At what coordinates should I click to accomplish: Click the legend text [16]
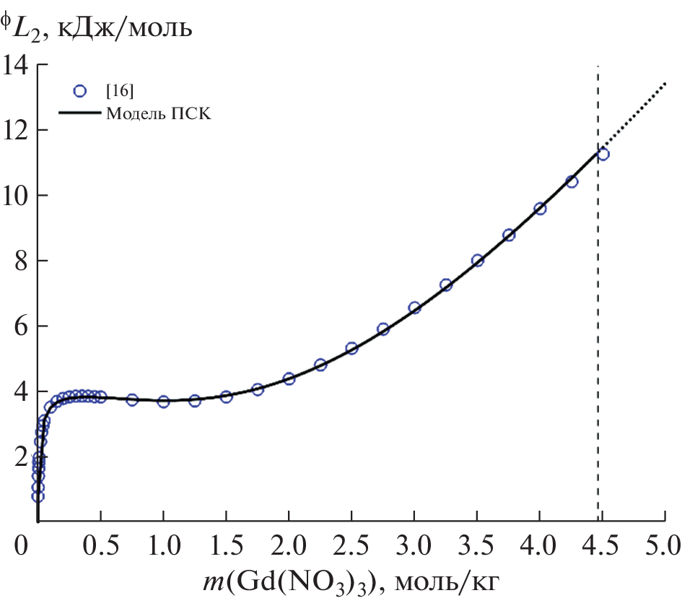click(x=119, y=91)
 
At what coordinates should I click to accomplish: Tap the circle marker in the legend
click(x=80, y=91)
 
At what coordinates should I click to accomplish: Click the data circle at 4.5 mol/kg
click(x=603, y=154)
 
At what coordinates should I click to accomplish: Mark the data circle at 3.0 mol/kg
click(x=414, y=308)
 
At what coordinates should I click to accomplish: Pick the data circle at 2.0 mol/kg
click(x=289, y=378)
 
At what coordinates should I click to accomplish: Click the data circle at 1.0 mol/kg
click(x=163, y=402)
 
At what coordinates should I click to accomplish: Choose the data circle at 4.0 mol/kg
click(x=540, y=209)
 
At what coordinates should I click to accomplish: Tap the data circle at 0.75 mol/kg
click(x=132, y=399)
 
